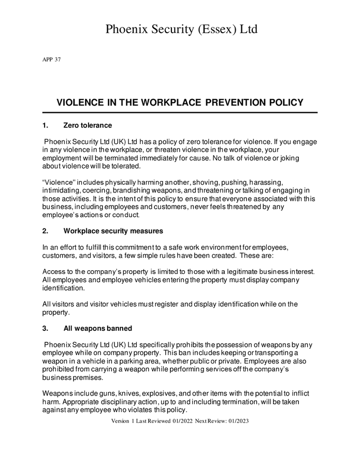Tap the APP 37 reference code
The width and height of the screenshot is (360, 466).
pyautogui.click(x=51, y=60)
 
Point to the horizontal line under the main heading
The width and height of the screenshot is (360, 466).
pyautogui.click(x=179, y=112)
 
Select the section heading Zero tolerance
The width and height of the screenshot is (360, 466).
pyautogui.click(x=88, y=125)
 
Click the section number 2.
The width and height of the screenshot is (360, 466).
pyautogui.click(x=45, y=231)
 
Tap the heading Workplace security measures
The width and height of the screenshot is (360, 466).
pyautogui.click(x=113, y=231)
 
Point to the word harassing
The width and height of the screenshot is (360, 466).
pyautogui.click(x=266, y=183)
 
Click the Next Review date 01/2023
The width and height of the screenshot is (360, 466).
pyautogui.click(x=238, y=421)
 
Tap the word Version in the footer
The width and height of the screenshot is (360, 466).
pyautogui.click(x=120, y=421)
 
